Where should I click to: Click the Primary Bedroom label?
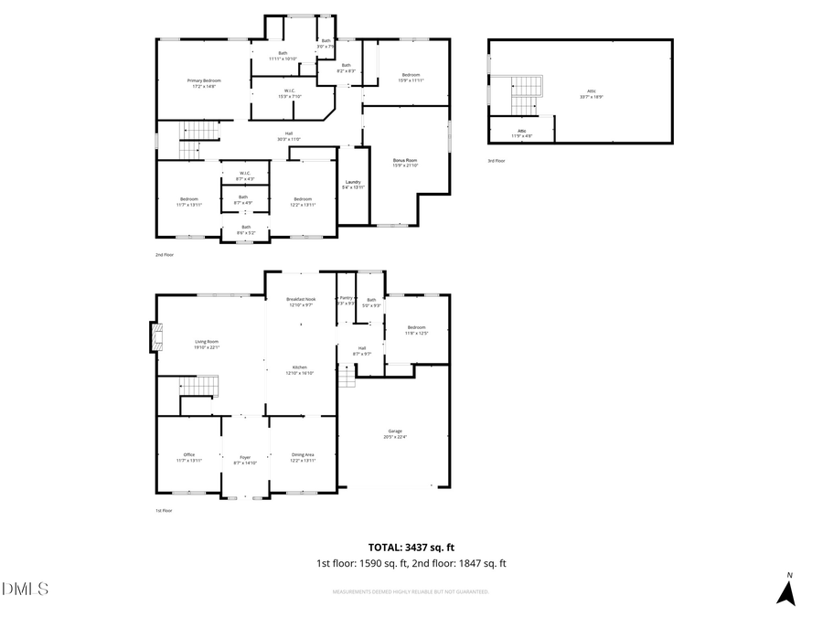(205, 83)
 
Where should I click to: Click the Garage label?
(395, 433)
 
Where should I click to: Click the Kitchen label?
(299, 369)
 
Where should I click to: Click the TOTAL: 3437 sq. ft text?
(411, 547)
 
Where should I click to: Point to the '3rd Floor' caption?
(497, 160)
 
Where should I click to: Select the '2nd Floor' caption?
(164, 255)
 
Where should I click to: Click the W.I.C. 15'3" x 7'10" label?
(288, 92)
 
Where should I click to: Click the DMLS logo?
(25, 588)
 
